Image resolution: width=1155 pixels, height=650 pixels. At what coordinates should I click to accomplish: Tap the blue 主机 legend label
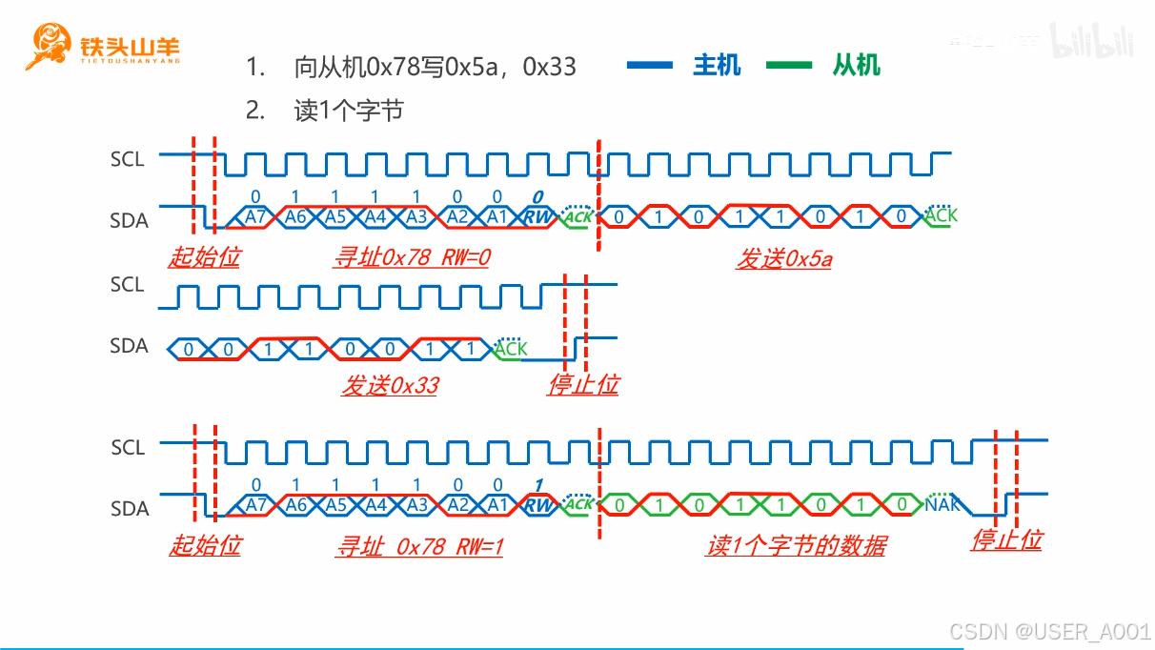(x=717, y=66)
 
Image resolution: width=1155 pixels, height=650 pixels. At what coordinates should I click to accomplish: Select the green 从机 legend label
(x=856, y=66)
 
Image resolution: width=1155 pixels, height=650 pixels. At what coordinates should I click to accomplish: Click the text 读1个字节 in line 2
(x=349, y=111)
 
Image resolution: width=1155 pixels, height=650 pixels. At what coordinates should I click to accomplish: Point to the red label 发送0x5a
(x=783, y=258)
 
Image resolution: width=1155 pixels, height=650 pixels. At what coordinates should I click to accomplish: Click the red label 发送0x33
(x=390, y=386)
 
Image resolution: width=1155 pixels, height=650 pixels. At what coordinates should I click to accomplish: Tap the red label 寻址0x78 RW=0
(x=411, y=257)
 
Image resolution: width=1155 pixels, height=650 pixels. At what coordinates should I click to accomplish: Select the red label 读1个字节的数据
(x=796, y=546)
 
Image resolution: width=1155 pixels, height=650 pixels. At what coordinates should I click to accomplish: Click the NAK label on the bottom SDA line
(x=942, y=504)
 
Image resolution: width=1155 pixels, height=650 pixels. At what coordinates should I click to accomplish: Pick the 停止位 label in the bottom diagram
(x=1006, y=540)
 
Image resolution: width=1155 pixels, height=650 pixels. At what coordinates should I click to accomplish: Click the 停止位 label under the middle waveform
(x=583, y=385)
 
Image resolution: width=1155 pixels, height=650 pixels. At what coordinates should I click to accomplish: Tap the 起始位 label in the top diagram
(x=204, y=257)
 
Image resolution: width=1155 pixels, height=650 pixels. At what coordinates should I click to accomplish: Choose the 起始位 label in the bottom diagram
(x=205, y=546)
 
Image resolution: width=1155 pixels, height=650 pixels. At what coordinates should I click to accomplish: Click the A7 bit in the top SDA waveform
(x=255, y=217)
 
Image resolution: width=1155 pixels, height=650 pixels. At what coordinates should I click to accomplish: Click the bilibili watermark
(x=1092, y=40)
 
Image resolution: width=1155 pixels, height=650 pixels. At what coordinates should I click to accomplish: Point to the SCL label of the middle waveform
(x=128, y=284)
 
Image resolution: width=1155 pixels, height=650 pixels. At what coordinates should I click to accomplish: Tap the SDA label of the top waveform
(x=129, y=220)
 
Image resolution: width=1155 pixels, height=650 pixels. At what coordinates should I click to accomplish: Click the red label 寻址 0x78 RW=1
(x=418, y=546)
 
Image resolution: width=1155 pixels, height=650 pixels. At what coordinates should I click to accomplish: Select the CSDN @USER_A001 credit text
(x=1050, y=631)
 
